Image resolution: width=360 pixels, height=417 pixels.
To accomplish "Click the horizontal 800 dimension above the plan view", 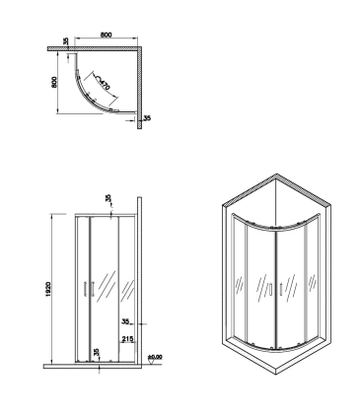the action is pyautogui.click(x=106, y=35).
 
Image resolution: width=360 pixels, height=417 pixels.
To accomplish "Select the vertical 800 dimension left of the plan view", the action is pyautogui.click(x=54, y=82).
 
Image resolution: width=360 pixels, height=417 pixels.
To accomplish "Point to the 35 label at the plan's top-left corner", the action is pyautogui.click(x=66, y=41).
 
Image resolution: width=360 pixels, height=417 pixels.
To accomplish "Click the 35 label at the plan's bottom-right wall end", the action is pyautogui.click(x=147, y=118).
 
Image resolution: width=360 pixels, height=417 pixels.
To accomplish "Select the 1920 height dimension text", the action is pyautogui.click(x=48, y=289).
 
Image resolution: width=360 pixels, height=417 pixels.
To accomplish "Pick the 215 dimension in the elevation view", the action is pyautogui.click(x=127, y=339).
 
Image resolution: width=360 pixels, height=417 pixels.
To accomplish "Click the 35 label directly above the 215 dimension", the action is pyautogui.click(x=125, y=321).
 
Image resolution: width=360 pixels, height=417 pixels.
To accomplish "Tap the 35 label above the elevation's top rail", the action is pyautogui.click(x=108, y=199).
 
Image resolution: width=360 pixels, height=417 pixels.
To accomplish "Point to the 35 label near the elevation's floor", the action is pyautogui.click(x=96, y=352).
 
